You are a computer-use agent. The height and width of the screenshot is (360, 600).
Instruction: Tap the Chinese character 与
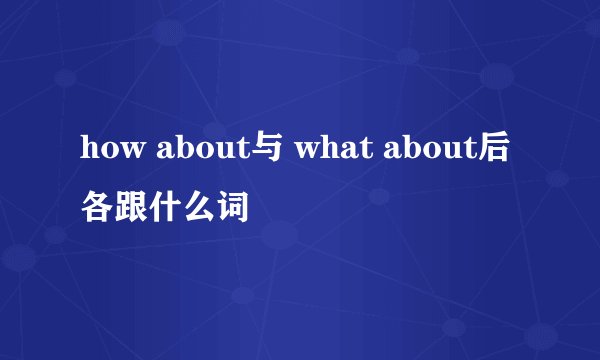(257, 151)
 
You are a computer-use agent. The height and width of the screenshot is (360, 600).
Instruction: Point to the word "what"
(329, 151)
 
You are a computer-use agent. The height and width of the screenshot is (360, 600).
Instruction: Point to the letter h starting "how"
(88, 151)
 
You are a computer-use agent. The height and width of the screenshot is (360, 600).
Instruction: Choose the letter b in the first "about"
(175, 151)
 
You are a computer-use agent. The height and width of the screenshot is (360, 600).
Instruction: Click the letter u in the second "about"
(442, 153)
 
